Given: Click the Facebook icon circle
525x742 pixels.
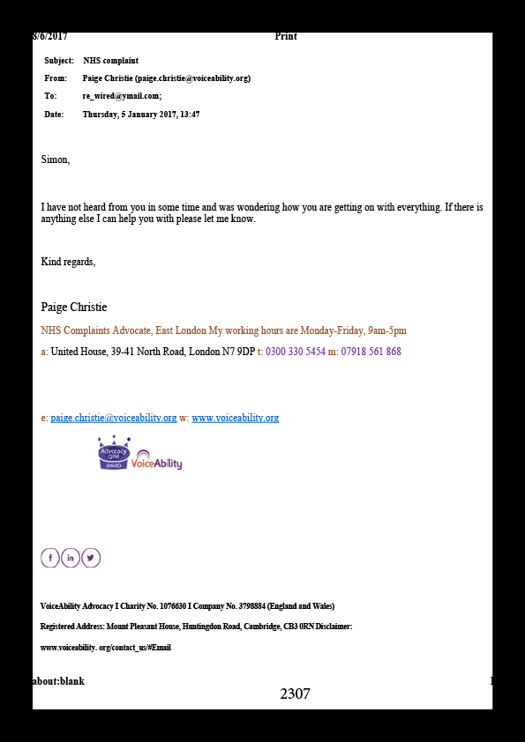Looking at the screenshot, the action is point(50,558).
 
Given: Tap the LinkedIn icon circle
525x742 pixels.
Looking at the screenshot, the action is point(70,558).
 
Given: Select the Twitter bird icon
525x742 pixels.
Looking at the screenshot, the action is point(91,558).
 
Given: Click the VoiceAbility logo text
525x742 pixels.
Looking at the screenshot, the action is point(156,463).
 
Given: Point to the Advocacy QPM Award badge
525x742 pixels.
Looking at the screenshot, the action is point(114,453).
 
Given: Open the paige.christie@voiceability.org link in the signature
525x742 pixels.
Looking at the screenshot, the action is point(114,418).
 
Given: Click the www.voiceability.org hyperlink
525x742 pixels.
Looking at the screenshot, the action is point(235,418).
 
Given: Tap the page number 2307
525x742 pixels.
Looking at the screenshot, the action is point(296,694).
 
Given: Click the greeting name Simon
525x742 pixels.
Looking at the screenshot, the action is point(56,160).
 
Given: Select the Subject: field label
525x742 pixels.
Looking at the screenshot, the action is point(59,61).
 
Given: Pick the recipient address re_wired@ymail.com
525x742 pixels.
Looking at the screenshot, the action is point(122,96).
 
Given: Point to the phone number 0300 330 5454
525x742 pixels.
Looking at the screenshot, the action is point(296,352).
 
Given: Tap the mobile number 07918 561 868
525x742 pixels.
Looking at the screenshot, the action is point(371,352).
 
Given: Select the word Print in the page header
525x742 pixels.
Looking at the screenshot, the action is point(286,36).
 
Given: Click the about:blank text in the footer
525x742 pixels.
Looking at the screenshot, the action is point(59,681).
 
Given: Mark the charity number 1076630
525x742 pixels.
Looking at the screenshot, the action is point(173,606).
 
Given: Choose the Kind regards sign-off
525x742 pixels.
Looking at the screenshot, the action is point(68,262).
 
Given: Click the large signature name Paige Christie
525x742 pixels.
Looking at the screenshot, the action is point(74,308).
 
